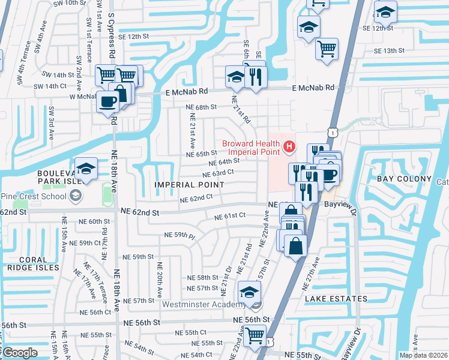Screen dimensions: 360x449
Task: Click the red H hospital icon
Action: point(290,146)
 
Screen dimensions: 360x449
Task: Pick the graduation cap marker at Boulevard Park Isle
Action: point(86,169)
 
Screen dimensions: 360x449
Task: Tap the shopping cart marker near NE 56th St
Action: point(255,338)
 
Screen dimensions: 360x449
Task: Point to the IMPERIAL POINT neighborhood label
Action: point(189,185)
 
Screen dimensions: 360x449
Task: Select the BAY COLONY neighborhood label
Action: point(404,179)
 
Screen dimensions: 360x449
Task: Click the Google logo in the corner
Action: point(19,353)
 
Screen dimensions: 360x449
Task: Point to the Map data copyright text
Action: point(423,355)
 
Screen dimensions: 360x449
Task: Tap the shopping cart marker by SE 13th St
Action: point(327,49)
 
